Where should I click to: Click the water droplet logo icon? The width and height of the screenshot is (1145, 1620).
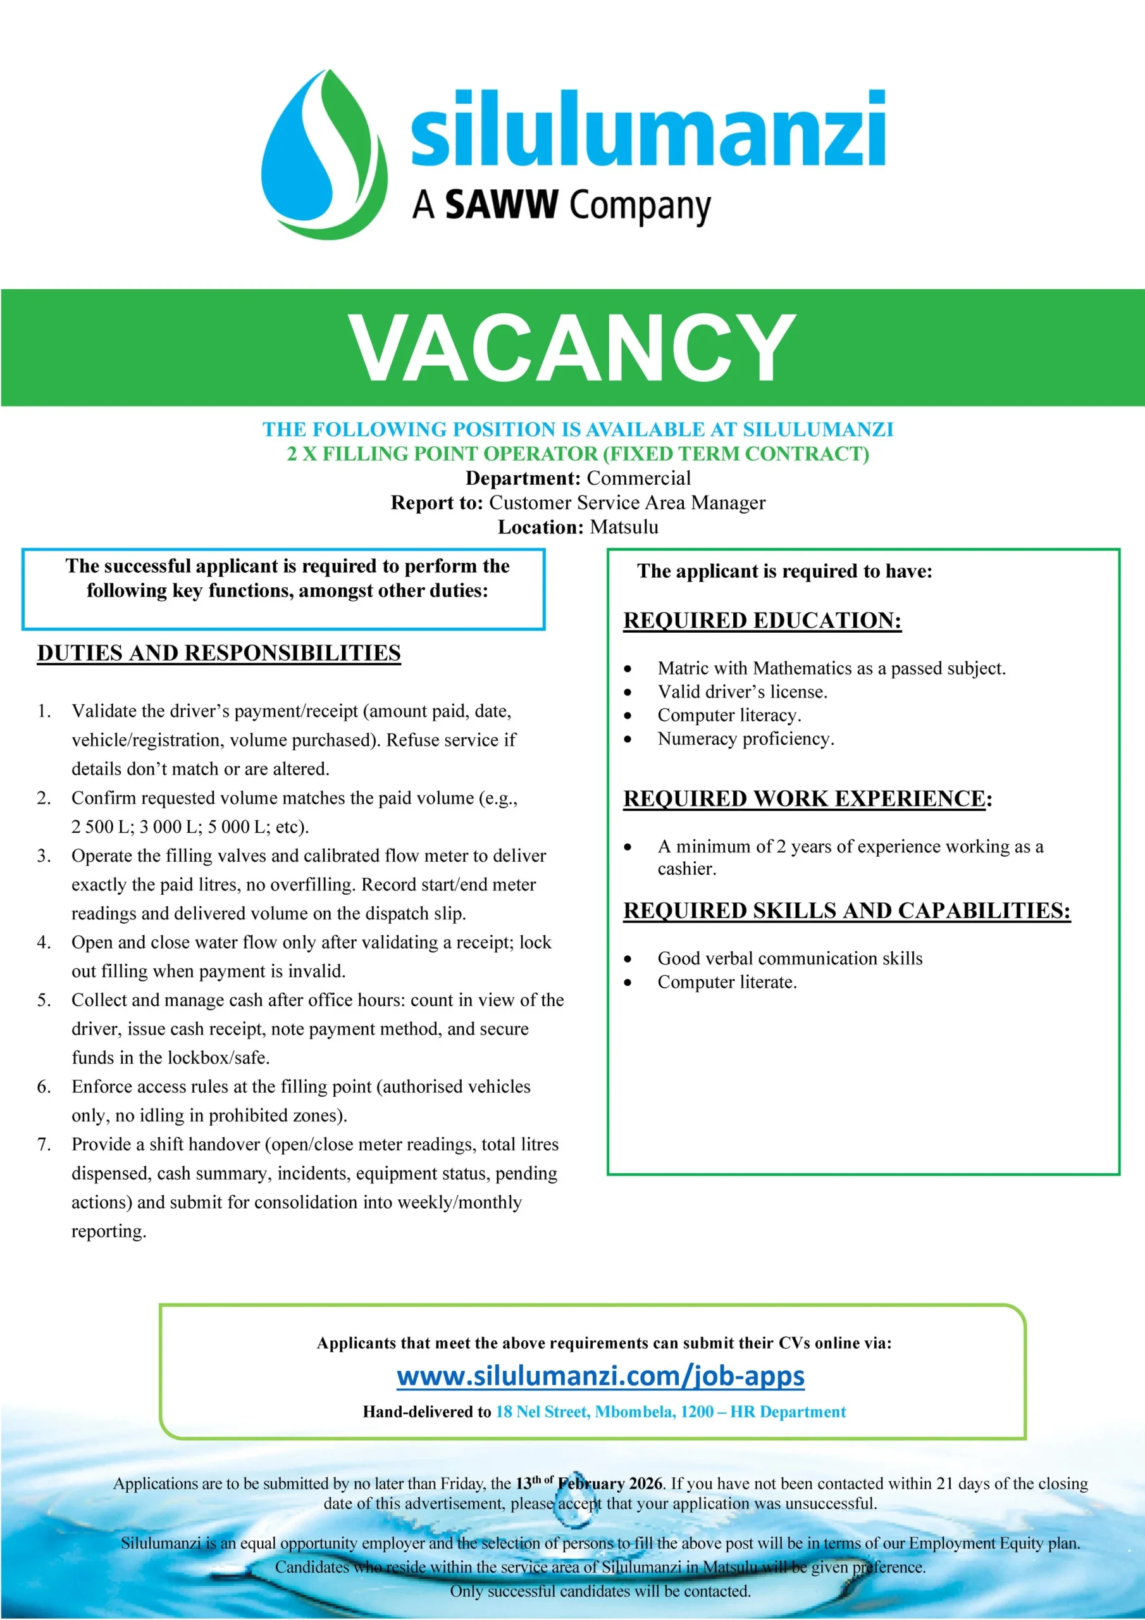point(324,154)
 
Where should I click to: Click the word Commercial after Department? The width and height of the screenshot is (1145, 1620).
point(638,478)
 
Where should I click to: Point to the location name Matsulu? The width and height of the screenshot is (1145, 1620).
point(624,527)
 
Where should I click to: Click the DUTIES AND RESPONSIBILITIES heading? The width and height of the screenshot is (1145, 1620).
point(219,653)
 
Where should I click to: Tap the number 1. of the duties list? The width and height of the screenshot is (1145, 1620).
point(44,711)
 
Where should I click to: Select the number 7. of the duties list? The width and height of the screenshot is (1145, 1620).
point(44,1145)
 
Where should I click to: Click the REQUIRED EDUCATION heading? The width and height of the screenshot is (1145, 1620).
point(762,621)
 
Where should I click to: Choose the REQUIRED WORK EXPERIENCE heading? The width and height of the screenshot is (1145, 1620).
point(804,799)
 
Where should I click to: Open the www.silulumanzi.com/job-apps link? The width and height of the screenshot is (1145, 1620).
point(600,1376)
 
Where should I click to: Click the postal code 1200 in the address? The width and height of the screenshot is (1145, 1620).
point(696,1412)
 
